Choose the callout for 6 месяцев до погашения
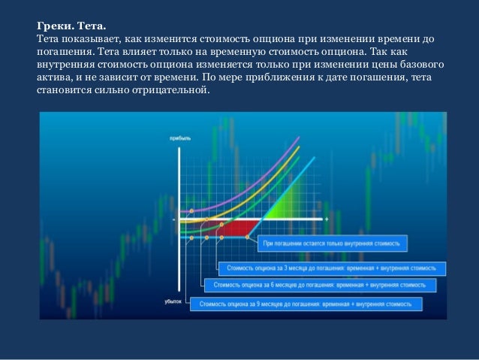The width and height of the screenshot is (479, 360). [x=318, y=285]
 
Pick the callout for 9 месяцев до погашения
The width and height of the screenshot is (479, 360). [x=306, y=304]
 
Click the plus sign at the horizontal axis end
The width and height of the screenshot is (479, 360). [x=327, y=219]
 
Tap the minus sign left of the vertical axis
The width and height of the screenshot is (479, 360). [x=173, y=219]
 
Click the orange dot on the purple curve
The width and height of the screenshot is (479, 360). [x=192, y=211]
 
